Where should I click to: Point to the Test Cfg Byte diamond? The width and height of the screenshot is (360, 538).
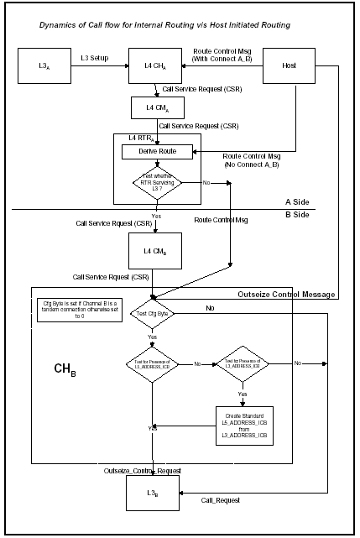(x=152, y=314)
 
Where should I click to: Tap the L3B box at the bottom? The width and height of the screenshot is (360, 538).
(x=152, y=493)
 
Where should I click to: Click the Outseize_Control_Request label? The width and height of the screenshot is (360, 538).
(x=143, y=471)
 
